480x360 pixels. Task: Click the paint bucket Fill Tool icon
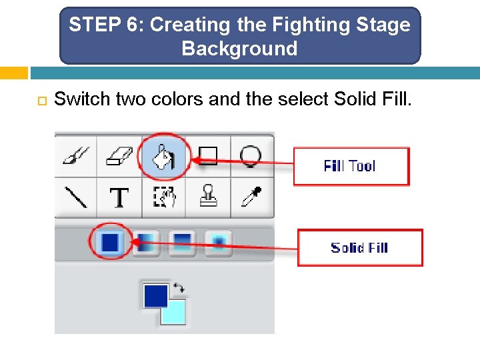point(164,157)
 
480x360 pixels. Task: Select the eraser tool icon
point(119,156)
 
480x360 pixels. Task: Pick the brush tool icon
point(76,155)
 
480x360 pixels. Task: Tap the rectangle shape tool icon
point(208,156)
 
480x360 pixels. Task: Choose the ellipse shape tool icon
point(251,157)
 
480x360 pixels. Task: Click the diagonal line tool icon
point(76,197)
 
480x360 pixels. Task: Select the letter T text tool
point(119,197)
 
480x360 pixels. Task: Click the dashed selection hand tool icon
point(164,197)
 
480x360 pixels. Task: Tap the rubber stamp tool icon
point(208,195)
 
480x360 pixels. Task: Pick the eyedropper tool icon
point(251,197)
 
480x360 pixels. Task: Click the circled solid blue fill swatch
point(110,241)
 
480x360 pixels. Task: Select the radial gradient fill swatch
point(218,243)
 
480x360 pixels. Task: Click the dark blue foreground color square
point(155,296)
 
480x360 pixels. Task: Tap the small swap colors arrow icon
point(179,288)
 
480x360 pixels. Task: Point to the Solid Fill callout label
point(360,247)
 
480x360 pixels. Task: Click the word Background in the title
point(239,49)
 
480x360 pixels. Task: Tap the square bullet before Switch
point(42,101)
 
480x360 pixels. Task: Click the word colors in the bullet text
point(177,99)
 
